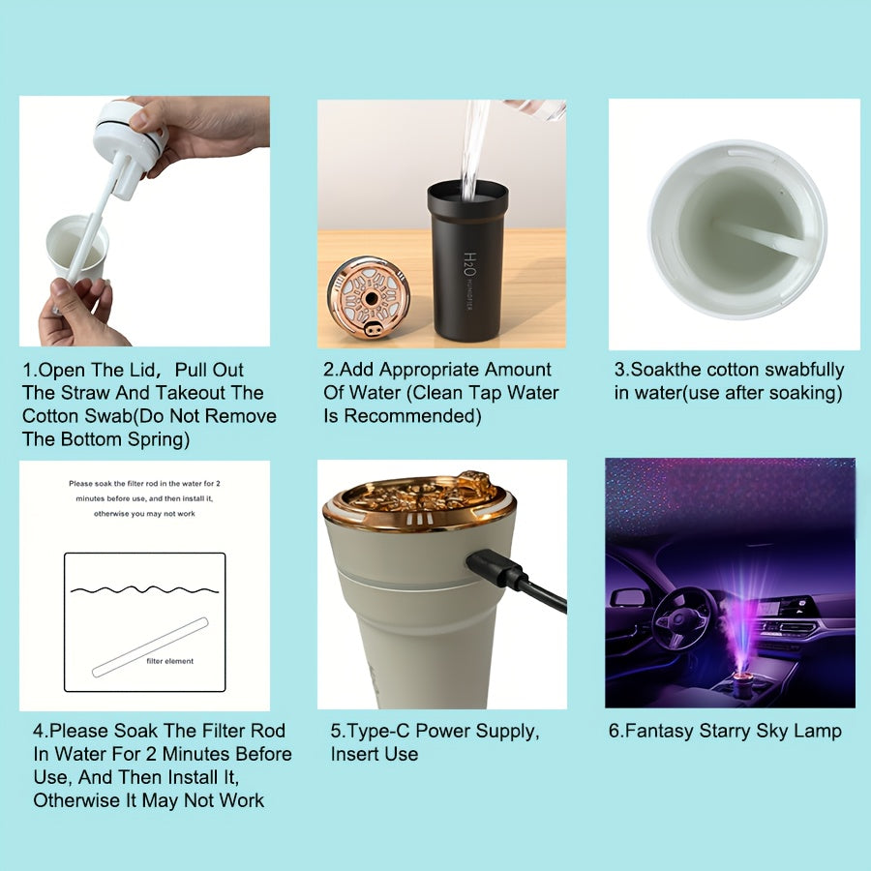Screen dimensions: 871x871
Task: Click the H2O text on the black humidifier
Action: [469, 263]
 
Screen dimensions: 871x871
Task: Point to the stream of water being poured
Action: [475, 145]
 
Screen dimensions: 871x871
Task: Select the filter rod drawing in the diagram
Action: [150, 646]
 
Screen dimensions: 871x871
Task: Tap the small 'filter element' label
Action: [169, 661]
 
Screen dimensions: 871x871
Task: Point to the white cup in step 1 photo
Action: [77, 252]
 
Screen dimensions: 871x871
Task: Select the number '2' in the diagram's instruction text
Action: [219, 483]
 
